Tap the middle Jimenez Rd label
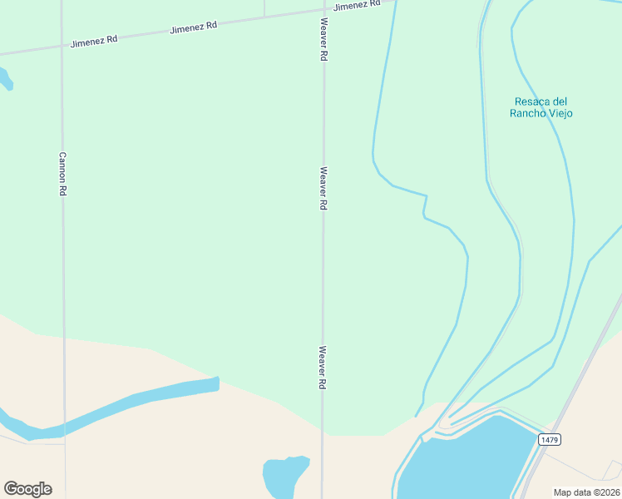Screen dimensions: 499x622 pos(193,27)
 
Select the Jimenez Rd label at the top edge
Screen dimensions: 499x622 pos(357,5)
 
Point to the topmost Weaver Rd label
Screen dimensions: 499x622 pos(323,41)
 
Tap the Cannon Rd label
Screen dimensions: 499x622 pos(62,174)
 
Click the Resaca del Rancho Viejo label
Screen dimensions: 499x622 pos(541,107)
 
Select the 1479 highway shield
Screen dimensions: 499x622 pos(548,439)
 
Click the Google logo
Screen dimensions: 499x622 pos(27,489)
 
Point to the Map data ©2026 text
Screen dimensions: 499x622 pos(587,492)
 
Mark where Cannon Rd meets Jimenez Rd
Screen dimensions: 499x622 pos(62,47)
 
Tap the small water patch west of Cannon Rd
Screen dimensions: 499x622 pos(5,79)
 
